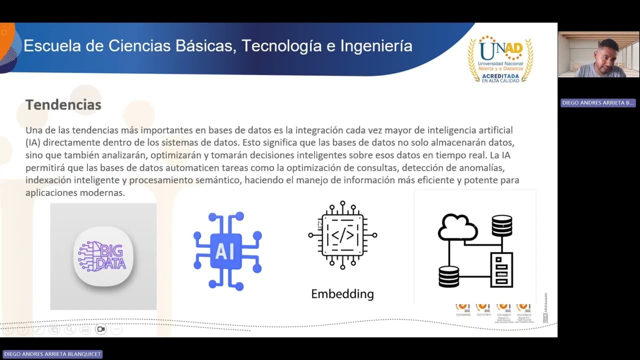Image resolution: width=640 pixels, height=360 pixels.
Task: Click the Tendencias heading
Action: tap(63, 105)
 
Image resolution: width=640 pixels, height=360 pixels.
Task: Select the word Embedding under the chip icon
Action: tap(342, 293)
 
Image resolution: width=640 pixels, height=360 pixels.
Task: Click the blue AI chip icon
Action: tap(227, 251)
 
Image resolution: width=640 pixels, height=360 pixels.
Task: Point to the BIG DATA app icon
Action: tap(103, 256)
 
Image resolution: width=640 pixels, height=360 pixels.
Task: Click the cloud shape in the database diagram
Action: tap(457, 227)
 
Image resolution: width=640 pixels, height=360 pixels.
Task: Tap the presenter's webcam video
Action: tap(598, 54)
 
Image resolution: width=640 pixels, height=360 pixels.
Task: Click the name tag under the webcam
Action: tap(598, 102)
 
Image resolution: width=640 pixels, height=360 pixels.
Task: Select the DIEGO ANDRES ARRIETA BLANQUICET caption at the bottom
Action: tap(52, 354)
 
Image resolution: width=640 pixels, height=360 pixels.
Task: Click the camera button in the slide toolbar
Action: tap(101, 329)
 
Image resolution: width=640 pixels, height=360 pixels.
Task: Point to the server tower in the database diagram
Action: tap(501, 270)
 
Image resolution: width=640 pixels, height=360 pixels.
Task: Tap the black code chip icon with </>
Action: tap(342, 235)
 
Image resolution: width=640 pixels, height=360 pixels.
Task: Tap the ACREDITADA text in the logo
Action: tap(500, 75)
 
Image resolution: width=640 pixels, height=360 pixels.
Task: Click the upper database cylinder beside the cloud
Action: tap(501, 225)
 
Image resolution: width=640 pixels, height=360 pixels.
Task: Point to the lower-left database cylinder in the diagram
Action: tap(448, 276)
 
